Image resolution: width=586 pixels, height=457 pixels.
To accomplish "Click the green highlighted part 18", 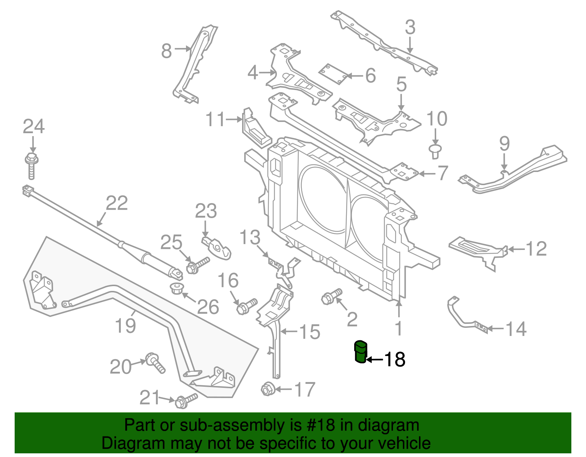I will (x=360, y=352).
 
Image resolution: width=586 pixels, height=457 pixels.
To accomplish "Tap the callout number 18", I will (x=394, y=359).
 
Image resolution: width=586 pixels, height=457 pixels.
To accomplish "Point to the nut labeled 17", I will (x=267, y=389).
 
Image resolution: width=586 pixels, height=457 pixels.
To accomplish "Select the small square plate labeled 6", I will (x=333, y=74).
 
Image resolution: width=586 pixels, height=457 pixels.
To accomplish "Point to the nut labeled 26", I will (x=178, y=288).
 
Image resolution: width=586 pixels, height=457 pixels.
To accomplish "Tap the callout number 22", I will (x=117, y=203).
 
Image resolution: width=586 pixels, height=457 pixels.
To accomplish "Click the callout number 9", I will (x=504, y=143).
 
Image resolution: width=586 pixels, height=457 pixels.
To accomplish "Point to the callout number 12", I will (x=536, y=249).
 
